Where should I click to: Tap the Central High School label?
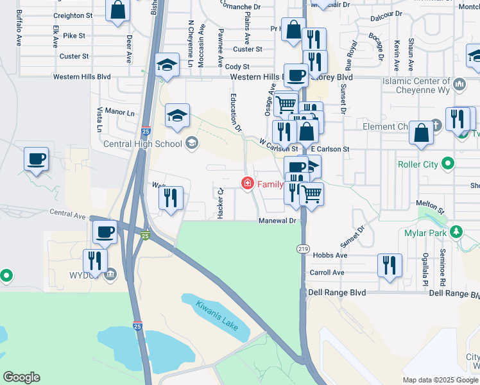tap(142, 142)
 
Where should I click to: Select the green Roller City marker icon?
tap(449, 164)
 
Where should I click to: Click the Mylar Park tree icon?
tap(456, 231)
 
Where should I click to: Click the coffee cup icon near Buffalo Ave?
tap(37, 158)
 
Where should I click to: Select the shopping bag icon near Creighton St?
tap(117, 10)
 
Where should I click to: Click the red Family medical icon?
tap(247, 184)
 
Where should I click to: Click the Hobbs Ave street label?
tap(330, 255)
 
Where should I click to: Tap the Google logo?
tap(21, 377)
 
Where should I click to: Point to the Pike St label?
tap(74, 36)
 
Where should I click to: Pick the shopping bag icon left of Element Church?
tap(422, 133)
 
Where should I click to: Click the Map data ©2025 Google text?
tap(440, 380)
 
